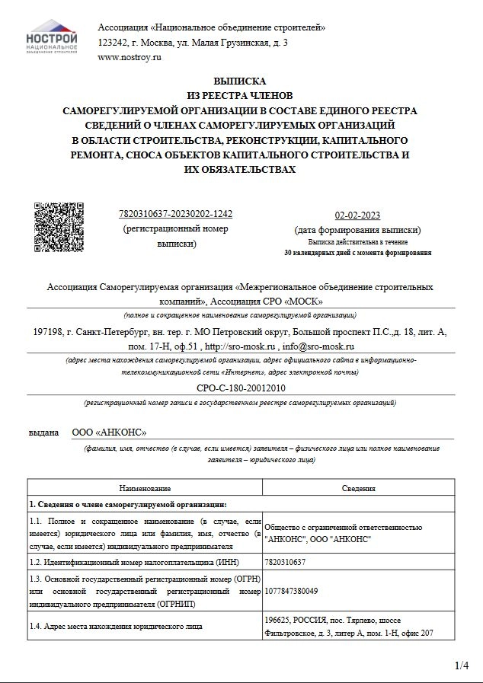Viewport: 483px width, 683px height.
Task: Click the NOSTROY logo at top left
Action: point(52,40)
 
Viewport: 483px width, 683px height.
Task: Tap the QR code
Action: point(59,226)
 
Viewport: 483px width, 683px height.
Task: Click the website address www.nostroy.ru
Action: point(130,57)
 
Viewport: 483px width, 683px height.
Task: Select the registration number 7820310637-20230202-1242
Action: point(176,214)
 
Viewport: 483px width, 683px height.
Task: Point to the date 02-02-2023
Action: point(357,215)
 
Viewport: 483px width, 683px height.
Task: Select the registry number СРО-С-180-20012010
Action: point(240,388)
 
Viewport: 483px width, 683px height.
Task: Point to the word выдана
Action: point(43,432)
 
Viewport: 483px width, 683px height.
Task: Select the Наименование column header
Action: point(145,488)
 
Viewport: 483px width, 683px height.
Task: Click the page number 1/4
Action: point(462,666)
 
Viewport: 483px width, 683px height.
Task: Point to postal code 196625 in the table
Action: point(280,619)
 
